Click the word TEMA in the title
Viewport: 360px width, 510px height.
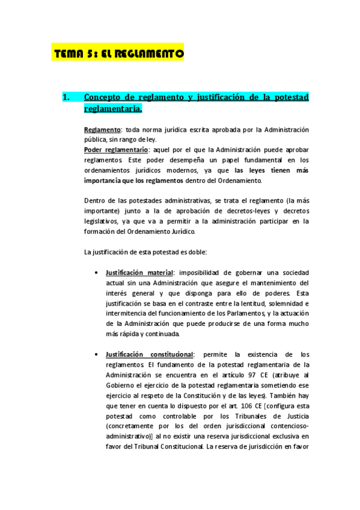coord(69,54)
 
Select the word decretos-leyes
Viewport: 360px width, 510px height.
coord(228,211)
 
